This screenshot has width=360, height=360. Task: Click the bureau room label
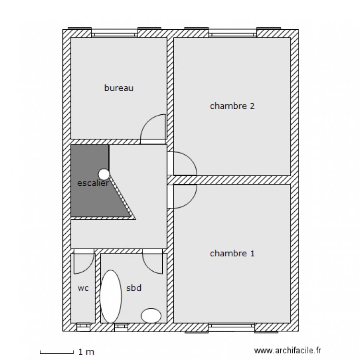(119, 88)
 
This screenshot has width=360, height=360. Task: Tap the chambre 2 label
(232, 106)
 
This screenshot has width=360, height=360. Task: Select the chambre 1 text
(232, 253)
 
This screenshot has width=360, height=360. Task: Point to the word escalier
(92, 183)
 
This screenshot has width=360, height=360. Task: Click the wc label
(83, 288)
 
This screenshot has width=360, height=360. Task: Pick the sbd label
(133, 288)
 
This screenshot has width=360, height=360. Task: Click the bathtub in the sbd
(111, 296)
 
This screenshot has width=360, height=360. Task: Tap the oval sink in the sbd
(151, 315)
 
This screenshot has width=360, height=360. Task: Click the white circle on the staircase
(104, 174)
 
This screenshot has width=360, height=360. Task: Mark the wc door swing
(84, 262)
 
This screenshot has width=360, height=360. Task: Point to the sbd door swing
(153, 262)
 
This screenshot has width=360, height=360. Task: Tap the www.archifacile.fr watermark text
(288, 352)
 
